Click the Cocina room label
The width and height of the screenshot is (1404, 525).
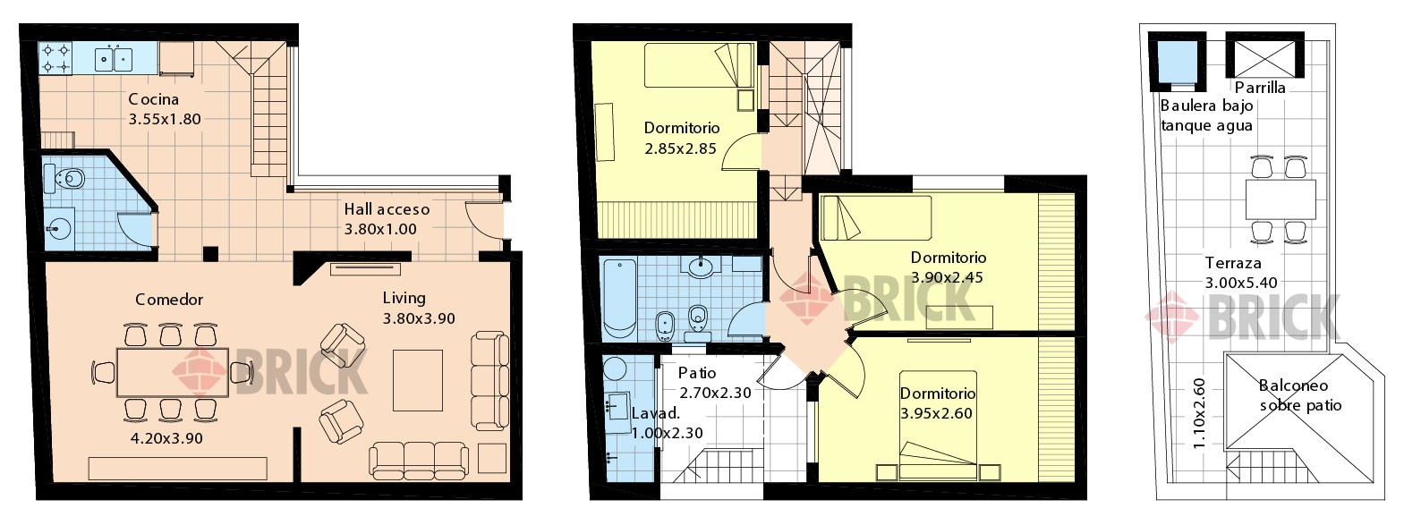[154, 99]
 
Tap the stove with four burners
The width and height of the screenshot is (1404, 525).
[55, 58]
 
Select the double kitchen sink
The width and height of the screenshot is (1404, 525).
[114, 58]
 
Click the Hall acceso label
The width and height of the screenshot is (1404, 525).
[387, 209]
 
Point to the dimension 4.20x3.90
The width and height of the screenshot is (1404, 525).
[166, 438]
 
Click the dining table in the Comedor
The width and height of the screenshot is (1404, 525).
[173, 372]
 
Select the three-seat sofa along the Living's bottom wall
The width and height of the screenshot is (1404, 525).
[419, 461]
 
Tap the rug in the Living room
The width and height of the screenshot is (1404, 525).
[418, 380]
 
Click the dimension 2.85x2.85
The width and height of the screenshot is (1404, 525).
[680, 149]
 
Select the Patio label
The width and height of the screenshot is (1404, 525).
[697, 373]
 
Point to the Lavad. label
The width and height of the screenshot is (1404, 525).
[656, 413]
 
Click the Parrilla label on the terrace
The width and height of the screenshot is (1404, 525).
[1260, 88]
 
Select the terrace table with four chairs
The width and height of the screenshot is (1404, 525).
[1281, 199]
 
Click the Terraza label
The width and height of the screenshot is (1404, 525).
[1233, 263]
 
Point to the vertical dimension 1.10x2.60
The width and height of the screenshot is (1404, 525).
[1198, 413]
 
